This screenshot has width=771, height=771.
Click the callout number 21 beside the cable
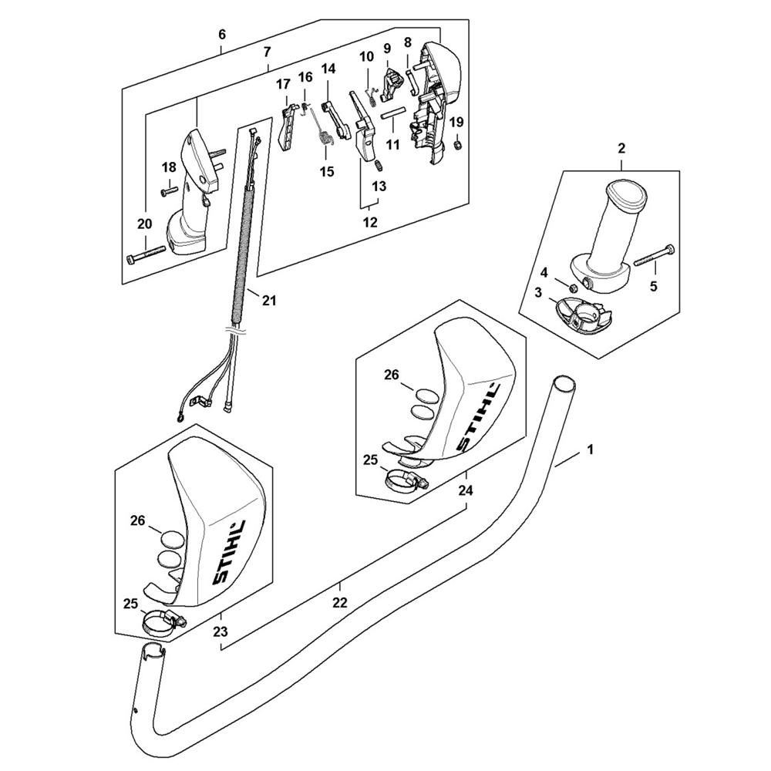click(x=269, y=299)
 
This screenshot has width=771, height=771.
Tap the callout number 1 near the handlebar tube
click(x=591, y=449)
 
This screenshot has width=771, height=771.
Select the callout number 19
click(x=456, y=122)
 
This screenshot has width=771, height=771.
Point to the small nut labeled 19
click(x=456, y=145)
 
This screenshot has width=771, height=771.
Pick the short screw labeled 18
click(x=169, y=191)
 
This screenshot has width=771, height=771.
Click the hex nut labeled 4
click(x=573, y=287)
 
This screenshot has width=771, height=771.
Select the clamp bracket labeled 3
click(x=584, y=316)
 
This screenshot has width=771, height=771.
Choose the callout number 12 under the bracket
click(x=370, y=222)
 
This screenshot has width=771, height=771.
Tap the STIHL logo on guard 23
click(x=229, y=553)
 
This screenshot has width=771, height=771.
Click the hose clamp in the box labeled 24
click(x=406, y=480)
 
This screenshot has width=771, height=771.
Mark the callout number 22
click(x=340, y=602)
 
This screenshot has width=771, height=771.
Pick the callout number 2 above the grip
click(x=621, y=148)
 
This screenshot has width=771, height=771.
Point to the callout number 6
click(x=222, y=35)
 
